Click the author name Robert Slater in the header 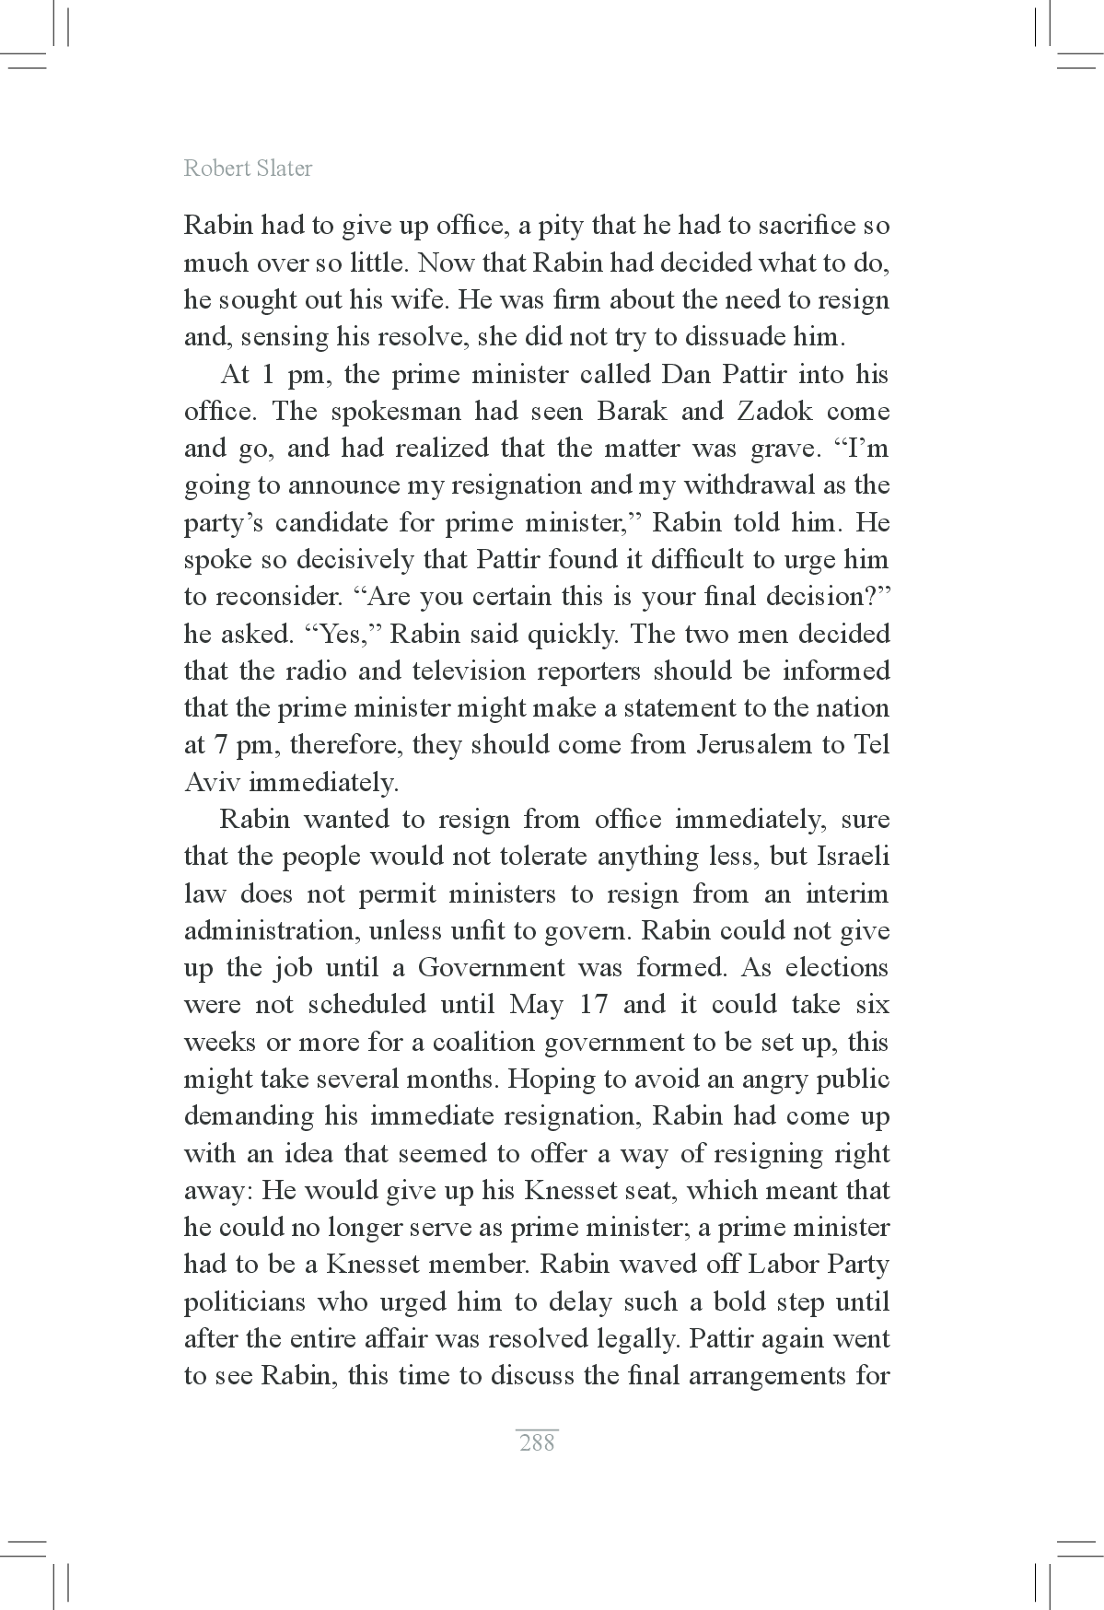248,169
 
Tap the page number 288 537,1442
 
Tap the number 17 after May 594,1004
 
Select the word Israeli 853,856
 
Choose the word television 479,671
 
